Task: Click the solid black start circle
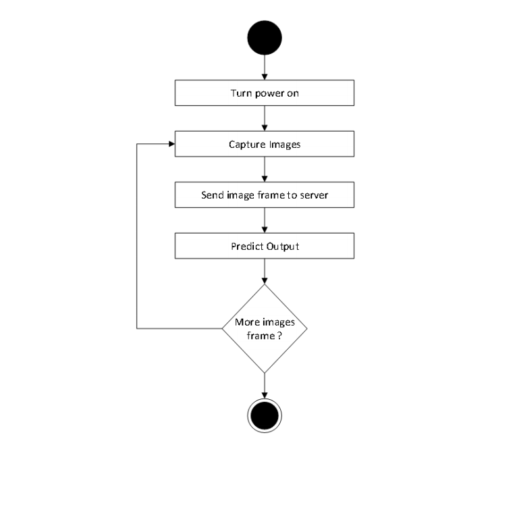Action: [x=265, y=38]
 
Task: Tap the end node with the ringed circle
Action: [x=265, y=415]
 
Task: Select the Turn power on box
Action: [x=265, y=93]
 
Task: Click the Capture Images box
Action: [x=265, y=144]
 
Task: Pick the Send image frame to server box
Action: [x=265, y=195]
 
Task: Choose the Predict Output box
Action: [x=265, y=246]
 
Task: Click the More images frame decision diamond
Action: [x=265, y=328]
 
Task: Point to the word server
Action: [x=314, y=195]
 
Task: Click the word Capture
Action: [x=247, y=145]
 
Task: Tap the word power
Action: [x=269, y=93]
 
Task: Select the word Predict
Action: [x=247, y=246]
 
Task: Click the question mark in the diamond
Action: [x=279, y=336]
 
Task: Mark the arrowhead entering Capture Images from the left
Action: [x=171, y=144]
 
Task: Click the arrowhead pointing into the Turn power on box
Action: [x=265, y=77]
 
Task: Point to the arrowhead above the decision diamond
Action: [x=265, y=281]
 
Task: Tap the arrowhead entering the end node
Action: [x=265, y=395]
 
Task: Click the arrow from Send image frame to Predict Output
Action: [x=265, y=220]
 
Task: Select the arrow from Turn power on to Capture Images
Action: [x=265, y=118]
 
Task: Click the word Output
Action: [x=282, y=246]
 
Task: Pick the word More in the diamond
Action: [x=245, y=322]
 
